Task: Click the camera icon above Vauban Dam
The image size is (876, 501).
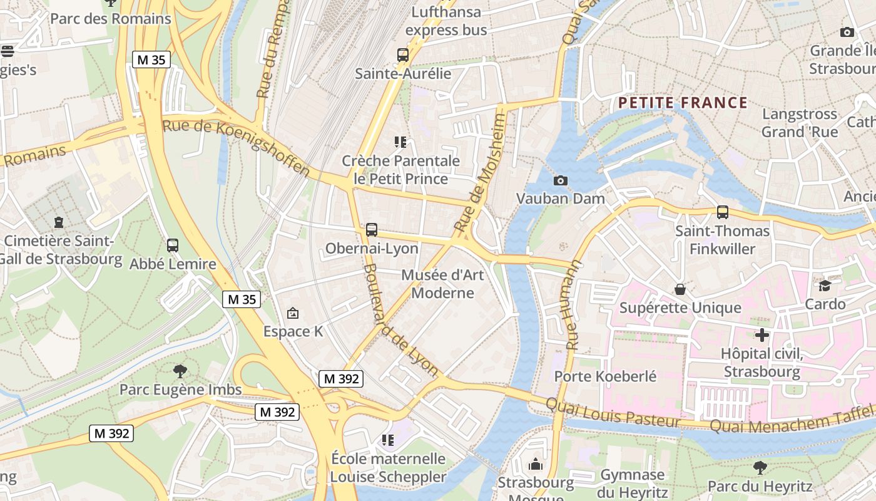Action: (561, 180)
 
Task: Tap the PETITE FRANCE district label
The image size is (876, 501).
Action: (683, 103)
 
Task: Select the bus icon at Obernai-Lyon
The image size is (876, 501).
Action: (372, 230)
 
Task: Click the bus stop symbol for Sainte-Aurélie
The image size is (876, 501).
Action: (403, 55)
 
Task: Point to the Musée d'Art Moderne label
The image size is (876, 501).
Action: (437, 284)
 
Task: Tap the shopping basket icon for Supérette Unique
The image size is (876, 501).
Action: (680, 289)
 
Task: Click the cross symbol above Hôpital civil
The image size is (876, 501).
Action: (761, 335)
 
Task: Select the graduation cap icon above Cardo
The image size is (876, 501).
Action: (825, 286)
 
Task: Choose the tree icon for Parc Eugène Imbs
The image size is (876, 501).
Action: (180, 371)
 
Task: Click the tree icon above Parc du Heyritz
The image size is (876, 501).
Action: (760, 467)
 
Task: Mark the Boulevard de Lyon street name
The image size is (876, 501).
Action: (400, 319)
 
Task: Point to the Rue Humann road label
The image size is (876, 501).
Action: (573, 305)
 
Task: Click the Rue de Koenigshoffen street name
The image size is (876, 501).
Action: (237, 147)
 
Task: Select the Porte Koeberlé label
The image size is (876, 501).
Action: (605, 376)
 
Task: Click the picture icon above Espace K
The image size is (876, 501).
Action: (292, 313)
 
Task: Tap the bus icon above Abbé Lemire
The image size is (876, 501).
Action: (173, 245)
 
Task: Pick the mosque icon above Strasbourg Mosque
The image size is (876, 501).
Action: (535, 465)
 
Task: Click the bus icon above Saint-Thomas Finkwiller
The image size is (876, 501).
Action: (722, 212)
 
